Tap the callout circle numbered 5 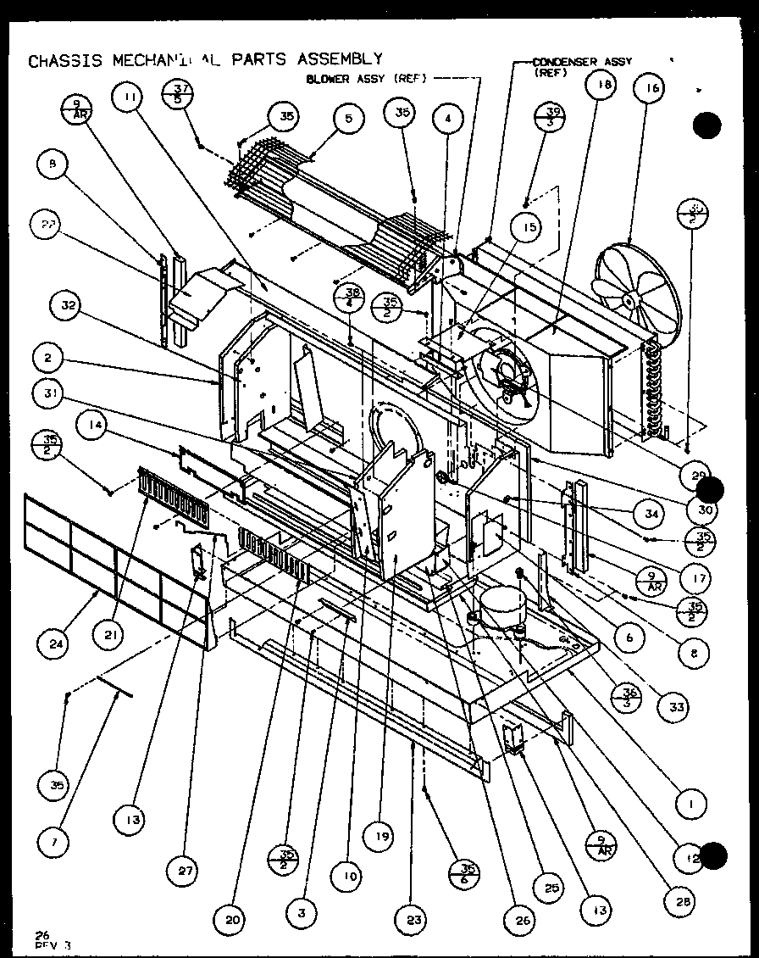347,120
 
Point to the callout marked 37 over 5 179,93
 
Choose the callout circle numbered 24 57,643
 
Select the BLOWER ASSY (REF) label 366,79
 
